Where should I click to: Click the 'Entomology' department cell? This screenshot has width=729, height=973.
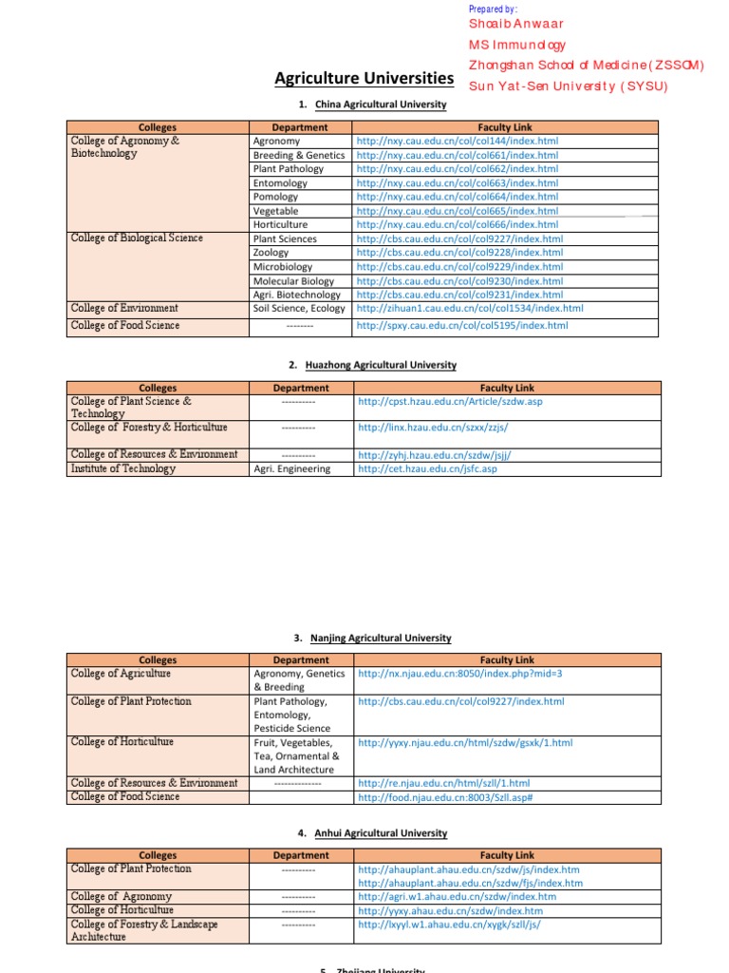coord(280,182)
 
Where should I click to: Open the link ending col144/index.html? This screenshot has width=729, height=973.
coord(458,141)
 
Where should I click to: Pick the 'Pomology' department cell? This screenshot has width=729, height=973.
coord(275,197)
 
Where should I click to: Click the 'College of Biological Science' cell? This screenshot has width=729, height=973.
coord(137,238)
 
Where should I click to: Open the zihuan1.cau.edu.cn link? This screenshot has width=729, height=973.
coord(470,309)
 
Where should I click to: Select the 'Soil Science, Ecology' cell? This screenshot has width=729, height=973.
coord(299,309)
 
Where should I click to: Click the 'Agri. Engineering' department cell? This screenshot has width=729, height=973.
coord(291,468)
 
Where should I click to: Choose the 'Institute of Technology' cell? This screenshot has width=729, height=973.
coord(123,468)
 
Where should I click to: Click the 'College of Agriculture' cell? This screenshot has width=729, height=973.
coord(121,673)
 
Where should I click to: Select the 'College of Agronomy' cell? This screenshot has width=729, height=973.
coord(121,896)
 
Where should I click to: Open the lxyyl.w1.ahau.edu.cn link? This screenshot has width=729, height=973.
coord(449,924)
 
